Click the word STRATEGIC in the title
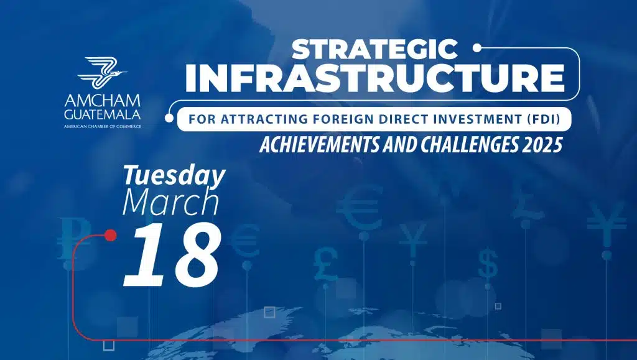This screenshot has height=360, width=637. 374,49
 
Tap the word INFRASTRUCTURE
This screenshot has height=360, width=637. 374,78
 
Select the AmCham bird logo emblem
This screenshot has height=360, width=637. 102,73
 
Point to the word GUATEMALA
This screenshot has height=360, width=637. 103,114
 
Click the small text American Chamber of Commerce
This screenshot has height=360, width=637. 103,127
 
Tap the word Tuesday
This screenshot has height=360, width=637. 174,176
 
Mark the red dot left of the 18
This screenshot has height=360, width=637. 110,235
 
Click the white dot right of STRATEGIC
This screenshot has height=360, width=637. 477,48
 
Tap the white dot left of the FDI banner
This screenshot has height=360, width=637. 169,118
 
